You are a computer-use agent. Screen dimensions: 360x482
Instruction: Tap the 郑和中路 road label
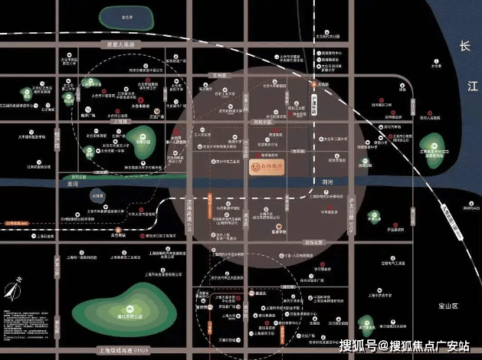[x=263, y=122]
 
